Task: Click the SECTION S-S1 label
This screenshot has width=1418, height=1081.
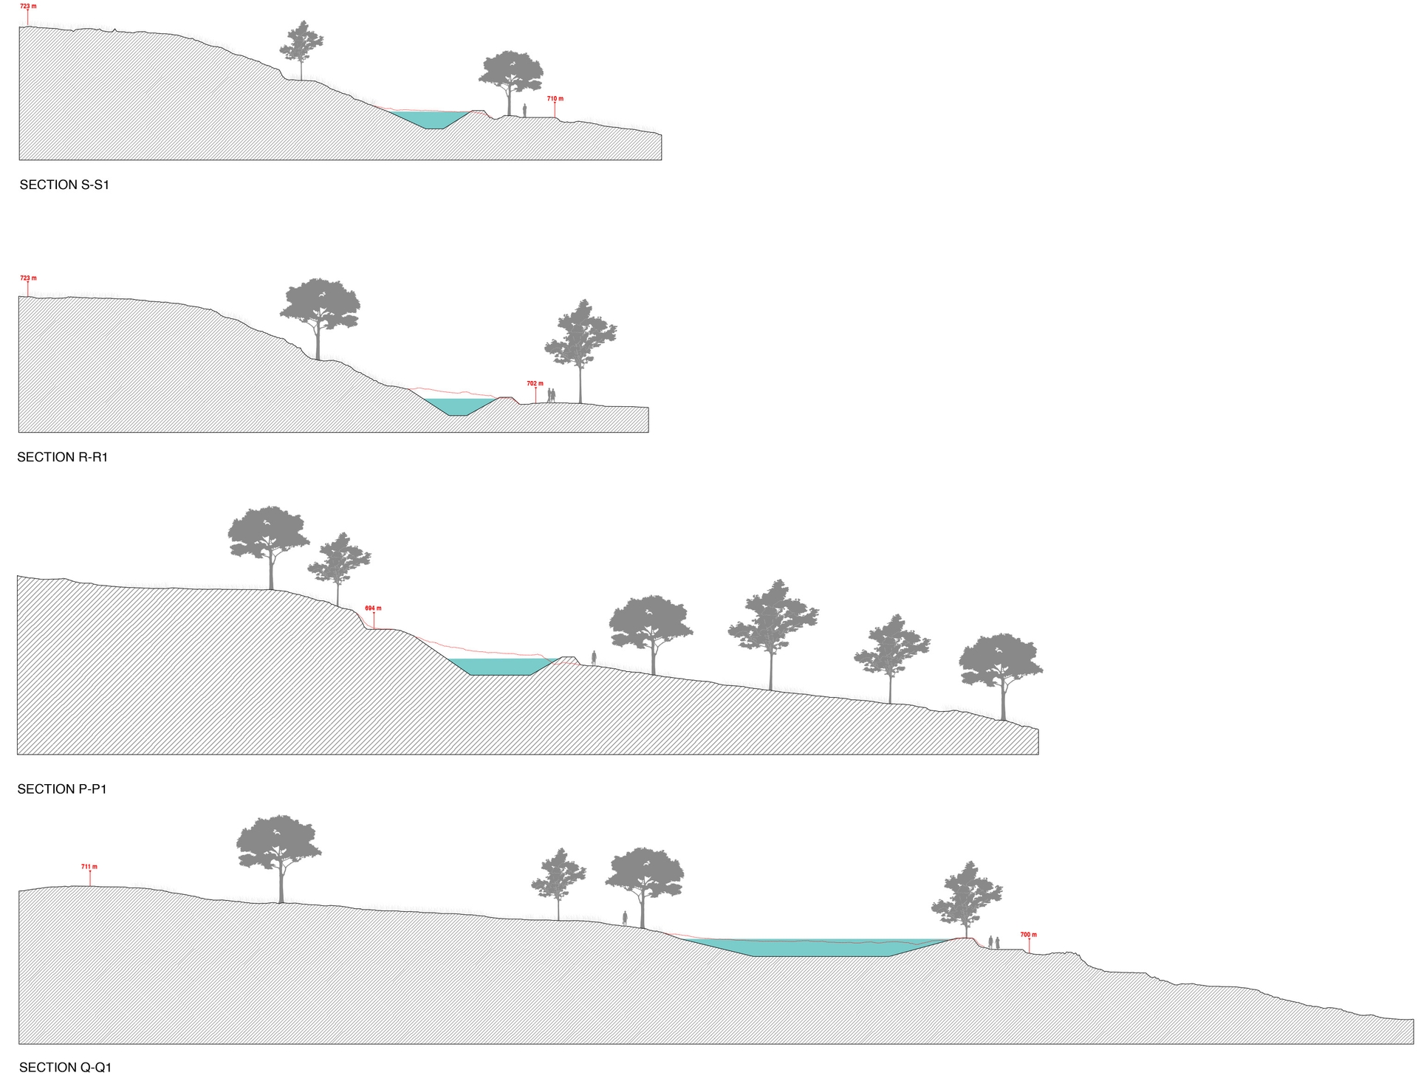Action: click(64, 185)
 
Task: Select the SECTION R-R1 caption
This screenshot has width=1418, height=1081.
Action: click(63, 457)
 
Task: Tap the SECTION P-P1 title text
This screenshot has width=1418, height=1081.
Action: click(62, 789)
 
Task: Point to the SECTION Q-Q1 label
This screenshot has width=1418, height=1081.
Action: click(65, 1067)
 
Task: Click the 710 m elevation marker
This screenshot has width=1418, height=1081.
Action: click(555, 99)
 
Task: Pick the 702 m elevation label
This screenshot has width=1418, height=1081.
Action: click(535, 384)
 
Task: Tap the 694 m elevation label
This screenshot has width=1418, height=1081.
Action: click(373, 608)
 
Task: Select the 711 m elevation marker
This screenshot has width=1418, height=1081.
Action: click(89, 867)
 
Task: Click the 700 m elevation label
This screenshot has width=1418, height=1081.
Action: click(1028, 935)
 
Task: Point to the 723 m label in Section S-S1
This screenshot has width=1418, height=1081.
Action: click(28, 7)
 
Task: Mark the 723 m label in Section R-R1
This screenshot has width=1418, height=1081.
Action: click(28, 278)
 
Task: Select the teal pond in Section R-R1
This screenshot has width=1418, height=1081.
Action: click(458, 406)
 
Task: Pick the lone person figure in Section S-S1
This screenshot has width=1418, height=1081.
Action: click(524, 111)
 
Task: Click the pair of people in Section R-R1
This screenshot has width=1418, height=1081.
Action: click(551, 396)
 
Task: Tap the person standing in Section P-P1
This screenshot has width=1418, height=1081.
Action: click(594, 657)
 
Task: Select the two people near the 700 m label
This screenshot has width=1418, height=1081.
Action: click(993, 942)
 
